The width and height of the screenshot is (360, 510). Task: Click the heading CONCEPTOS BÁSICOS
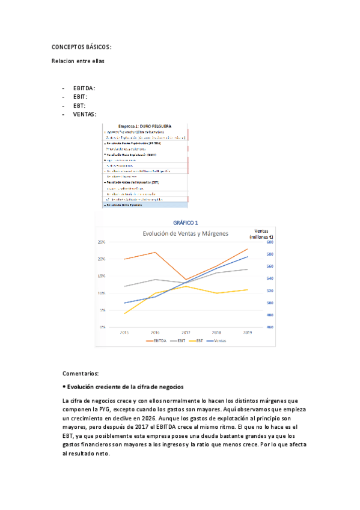pos(81,48)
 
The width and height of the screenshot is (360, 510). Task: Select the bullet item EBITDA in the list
pos(84,88)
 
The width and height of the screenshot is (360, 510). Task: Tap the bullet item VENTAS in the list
pos(84,114)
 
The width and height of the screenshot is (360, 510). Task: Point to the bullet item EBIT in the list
pos(80,97)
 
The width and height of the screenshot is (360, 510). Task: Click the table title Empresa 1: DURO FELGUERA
pos(145,126)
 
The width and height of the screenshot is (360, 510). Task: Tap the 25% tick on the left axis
pos(102,242)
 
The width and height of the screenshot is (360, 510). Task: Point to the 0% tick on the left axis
pos(103,327)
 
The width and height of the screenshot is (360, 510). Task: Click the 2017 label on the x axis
pos(186,332)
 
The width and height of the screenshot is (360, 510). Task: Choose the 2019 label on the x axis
pos(247,332)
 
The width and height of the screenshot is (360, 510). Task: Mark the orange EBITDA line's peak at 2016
pos(155,252)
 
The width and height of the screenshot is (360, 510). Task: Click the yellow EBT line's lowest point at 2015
pos(124,313)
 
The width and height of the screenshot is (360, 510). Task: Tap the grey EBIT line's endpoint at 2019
pos(247,269)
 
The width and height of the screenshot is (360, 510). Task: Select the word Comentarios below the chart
pos(80,373)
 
